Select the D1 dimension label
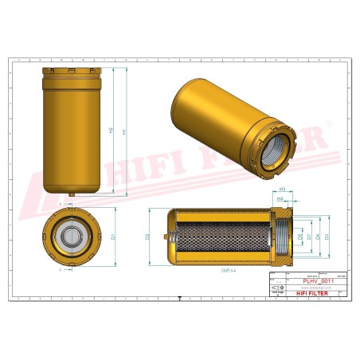click(x=114, y=237)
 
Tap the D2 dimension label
click(x=148, y=237)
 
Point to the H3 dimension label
click(x=284, y=189)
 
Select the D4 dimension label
click(x=318, y=237)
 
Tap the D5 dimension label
click(x=309, y=237)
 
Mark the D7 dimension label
click(x=299, y=237)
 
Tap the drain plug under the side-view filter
click(x=73, y=194)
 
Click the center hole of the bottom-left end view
click(x=73, y=237)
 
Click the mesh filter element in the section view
click(x=219, y=237)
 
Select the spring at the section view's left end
click(x=169, y=237)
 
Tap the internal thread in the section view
click(x=280, y=237)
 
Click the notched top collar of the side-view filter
click(x=73, y=72)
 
